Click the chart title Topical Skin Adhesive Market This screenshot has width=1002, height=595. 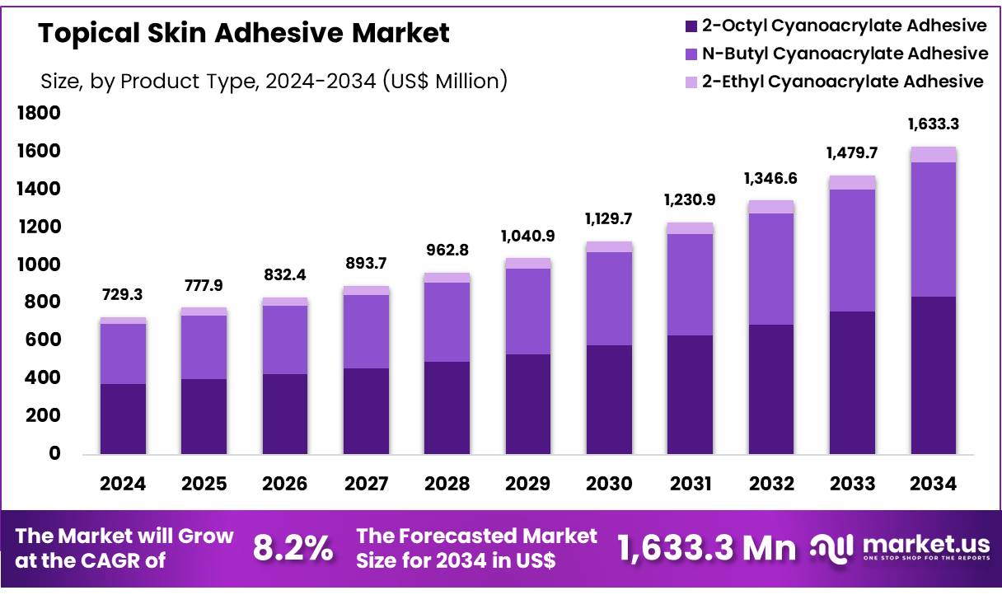tap(244, 33)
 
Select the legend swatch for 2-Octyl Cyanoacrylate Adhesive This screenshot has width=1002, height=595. tap(691, 26)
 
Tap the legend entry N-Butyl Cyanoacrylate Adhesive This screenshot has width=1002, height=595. tap(845, 54)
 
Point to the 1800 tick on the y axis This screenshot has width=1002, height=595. tap(40, 113)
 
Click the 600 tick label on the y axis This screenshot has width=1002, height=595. tap(40, 340)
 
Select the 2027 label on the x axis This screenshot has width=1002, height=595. tap(366, 485)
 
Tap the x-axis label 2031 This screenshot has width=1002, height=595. tap(691, 485)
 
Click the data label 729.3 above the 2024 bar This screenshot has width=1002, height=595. tap(123, 293)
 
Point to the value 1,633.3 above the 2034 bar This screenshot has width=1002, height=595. tap(934, 124)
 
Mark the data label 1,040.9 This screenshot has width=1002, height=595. tap(528, 236)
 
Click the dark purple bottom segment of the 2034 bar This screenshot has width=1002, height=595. tap(934, 375)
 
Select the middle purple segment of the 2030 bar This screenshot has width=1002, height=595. tap(609, 298)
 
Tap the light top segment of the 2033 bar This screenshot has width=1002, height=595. tap(852, 182)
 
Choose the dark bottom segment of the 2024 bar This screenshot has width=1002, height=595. tap(123, 419)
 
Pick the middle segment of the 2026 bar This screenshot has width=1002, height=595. tap(285, 340)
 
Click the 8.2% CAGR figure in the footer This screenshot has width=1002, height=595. tap(293, 548)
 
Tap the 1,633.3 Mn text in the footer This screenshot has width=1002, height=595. tap(707, 548)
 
